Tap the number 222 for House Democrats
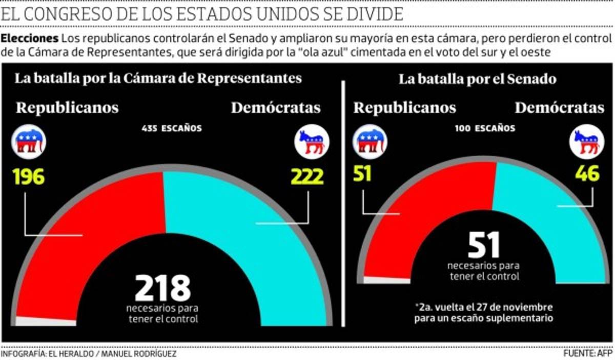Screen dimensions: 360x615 click(307, 177)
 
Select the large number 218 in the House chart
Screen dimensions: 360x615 click(162, 288)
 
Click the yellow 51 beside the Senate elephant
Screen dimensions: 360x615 click(362, 174)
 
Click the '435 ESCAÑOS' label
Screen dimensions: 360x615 click(172, 128)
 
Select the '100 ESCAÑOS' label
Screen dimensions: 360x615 click(485, 128)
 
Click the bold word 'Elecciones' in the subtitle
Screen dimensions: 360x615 click(29, 39)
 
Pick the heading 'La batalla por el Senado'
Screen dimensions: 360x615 click(477, 79)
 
